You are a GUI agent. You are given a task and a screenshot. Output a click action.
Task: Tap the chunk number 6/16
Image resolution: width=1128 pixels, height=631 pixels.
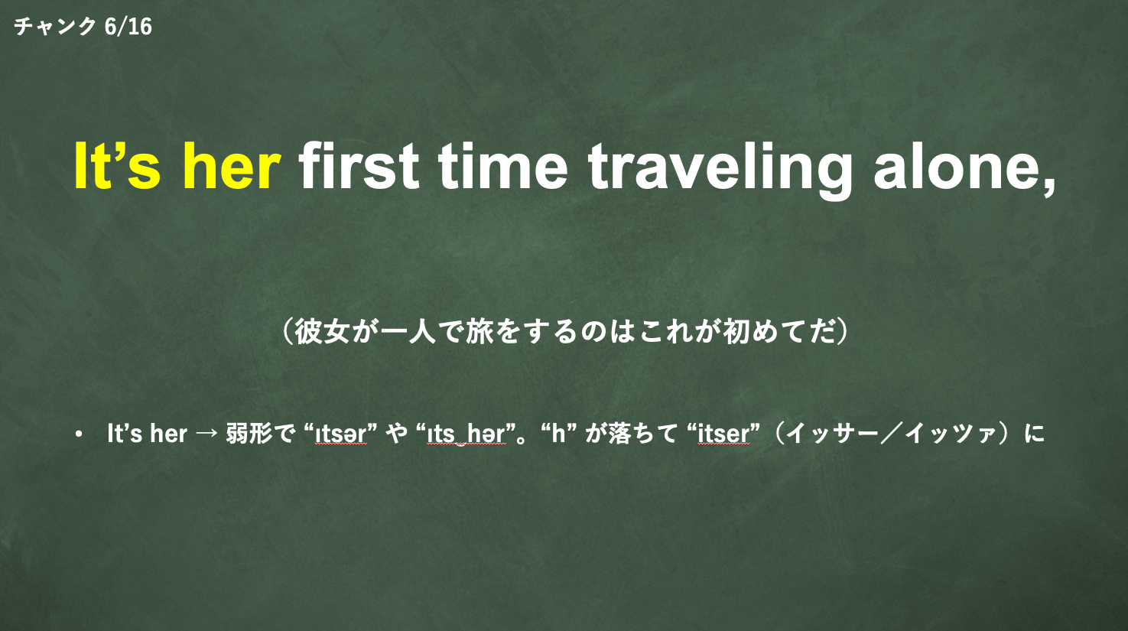click(x=128, y=27)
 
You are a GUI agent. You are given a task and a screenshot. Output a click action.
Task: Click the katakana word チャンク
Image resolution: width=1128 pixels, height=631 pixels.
click(x=55, y=27)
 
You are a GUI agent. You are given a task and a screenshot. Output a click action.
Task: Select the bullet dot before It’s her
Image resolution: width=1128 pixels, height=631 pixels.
click(x=78, y=434)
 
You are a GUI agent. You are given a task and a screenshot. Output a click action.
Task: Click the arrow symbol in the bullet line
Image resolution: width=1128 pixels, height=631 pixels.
click(x=206, y=434)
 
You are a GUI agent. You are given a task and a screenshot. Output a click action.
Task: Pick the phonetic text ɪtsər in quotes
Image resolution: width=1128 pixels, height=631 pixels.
click(x=340, y=434)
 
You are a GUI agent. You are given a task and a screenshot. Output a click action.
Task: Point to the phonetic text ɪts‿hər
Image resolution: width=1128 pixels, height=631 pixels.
click(x=466, y=434)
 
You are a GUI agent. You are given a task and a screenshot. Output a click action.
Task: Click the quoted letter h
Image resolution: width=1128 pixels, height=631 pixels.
click(x=558, y=433)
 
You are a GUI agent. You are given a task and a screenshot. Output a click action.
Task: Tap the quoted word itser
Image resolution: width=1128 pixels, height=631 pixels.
click(x=723, y=434)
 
